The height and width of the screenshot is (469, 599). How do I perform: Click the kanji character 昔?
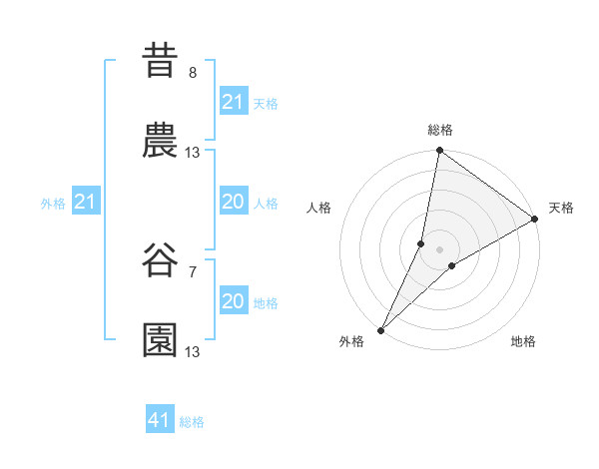coord(161,61)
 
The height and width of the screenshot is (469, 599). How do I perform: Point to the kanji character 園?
coord(161,340)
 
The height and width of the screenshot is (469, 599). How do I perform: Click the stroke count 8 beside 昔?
coord(193,73)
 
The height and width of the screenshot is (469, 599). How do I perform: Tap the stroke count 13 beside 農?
coord(193,153)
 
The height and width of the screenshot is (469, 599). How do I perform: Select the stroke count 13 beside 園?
coord(193,352)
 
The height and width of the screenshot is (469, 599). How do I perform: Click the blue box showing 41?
coord(160,420)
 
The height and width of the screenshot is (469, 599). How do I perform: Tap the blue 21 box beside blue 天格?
coord(233,102)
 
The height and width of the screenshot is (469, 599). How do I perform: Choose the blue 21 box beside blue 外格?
coord(86,203)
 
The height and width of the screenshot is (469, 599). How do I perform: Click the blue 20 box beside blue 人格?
coord(233,203)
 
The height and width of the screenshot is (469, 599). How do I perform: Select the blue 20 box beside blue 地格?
coord(233,301)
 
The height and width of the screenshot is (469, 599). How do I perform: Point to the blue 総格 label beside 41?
coord(192,422)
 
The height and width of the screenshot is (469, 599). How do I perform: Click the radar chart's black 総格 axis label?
coord(440,130)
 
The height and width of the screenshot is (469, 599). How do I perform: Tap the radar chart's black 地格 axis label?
coord(523,342)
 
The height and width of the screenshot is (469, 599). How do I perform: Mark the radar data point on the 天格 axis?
coord(535,220)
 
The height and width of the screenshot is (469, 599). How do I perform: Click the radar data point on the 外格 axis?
coord(380,330)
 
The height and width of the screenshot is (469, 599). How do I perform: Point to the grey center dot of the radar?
coord(440,249)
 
